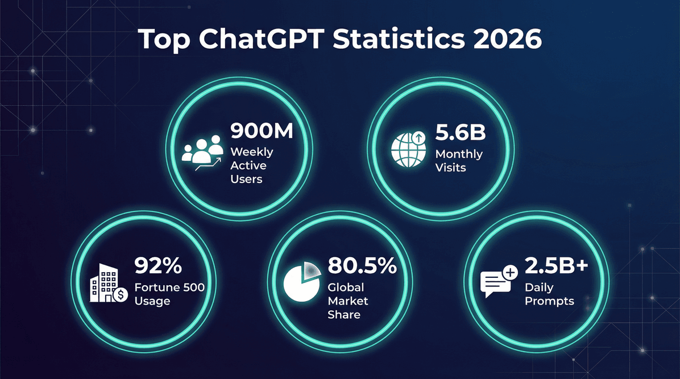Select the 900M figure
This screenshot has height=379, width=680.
262,131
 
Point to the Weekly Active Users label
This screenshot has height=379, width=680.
251,165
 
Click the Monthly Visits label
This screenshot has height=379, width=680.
459,161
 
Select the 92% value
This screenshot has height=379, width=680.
157,265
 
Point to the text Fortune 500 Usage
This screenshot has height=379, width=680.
169,294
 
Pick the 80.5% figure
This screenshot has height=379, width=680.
362,265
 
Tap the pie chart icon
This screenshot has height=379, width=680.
301,281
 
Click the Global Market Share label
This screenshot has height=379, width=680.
348,301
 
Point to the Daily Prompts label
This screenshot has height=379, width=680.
549,294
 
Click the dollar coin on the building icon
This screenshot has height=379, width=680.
121,295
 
